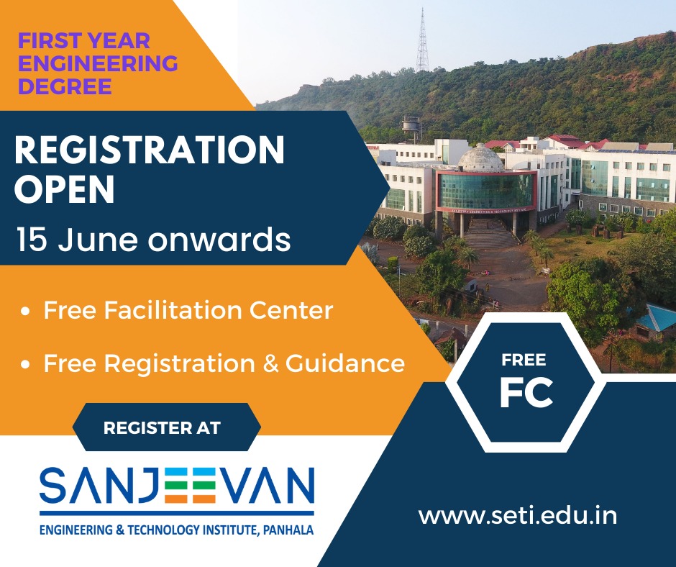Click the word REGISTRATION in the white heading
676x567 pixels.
coord(150,150)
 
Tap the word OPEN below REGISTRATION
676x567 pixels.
coord(65,189)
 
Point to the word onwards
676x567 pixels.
coord(220,240)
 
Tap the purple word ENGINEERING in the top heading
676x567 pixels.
coord(98,63)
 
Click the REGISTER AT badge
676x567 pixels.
coord(166,427)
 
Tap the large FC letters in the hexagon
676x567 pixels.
coord(526,393)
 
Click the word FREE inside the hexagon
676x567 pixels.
coord(524,360)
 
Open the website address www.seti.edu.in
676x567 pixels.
coord(517,516)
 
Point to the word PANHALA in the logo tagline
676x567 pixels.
coord(288,530)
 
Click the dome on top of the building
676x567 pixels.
coord(480,158)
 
